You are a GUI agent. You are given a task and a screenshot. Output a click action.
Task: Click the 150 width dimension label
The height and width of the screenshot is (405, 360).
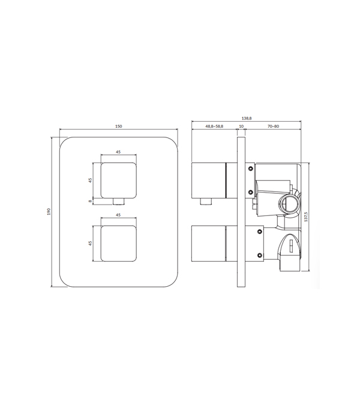118,127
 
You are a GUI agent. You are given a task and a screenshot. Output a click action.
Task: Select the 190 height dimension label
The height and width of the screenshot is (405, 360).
49,211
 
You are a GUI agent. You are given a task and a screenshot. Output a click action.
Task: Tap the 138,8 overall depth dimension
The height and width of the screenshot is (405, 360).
247,118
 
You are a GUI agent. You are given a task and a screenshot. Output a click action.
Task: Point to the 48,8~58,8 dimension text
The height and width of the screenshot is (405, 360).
214,127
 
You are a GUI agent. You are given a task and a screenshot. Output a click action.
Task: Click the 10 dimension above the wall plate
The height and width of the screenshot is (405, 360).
241,127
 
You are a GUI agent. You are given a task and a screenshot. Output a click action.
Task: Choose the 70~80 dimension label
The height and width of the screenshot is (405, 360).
273,127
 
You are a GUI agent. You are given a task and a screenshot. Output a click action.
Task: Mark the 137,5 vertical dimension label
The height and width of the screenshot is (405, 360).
306,217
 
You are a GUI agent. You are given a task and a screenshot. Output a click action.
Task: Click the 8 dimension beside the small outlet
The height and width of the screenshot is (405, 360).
90,201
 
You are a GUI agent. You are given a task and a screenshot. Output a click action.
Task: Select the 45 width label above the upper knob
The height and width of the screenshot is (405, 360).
118,152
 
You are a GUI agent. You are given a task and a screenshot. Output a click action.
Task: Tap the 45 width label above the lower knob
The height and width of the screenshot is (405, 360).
118,215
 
